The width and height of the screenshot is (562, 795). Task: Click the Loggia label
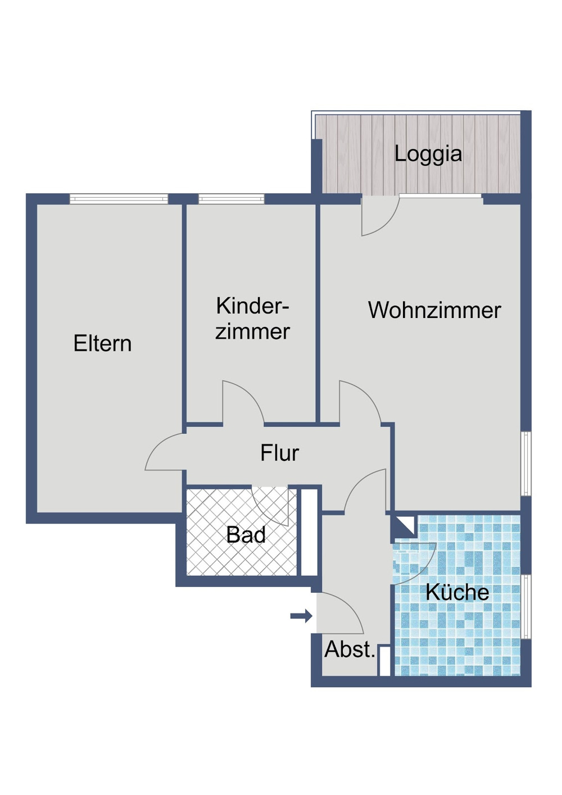(x=428, y=154)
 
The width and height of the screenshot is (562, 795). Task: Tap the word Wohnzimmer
(x=434, y=310)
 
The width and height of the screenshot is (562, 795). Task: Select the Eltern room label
(x=102, y=343)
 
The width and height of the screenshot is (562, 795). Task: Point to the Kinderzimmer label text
(x=252, y=319)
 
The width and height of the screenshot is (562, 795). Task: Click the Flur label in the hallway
(x=279, y=453)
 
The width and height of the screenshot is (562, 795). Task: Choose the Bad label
(x=246, y=535)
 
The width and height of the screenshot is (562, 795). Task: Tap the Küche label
(x=457, y=592)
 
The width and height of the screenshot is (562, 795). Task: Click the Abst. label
(x=350, y=649)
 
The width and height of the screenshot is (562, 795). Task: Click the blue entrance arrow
(x=301, y=616)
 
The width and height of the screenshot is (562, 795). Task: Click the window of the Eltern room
(x=119, y=199)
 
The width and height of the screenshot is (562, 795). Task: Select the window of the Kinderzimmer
(x=231, y=199)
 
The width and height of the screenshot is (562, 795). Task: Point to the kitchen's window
(x=525, y=607)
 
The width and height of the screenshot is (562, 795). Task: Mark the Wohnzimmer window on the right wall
(x=525, y=464)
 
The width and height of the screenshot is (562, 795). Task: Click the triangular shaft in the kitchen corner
(x=402, y=527)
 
